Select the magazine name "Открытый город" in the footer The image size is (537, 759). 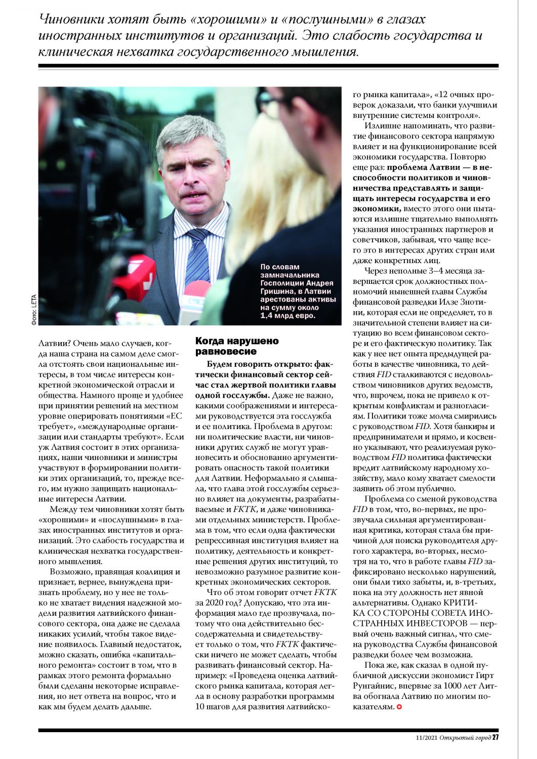point(465,738)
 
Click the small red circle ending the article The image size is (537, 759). point(399,706)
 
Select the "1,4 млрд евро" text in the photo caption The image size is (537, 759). point(287,316)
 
